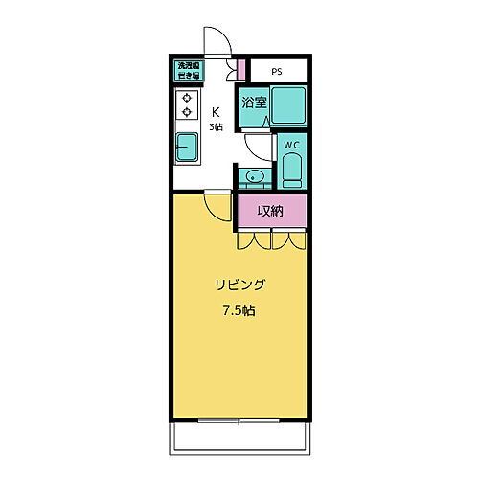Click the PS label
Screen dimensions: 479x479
click(x=276, y=71)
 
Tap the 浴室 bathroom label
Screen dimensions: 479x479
click(x=253, y=103)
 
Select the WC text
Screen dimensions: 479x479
click(x=291, y=145)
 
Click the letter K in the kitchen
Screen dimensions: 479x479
click(x=217, y=110)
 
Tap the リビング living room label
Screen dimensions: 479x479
click(x=239, y=285)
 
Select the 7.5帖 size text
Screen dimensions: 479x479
click(x=239, y=310)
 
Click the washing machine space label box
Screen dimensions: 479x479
click(x=187, y=70)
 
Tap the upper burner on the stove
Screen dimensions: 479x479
click(x=186, y=98)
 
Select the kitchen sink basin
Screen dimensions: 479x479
click(x=187, y=148)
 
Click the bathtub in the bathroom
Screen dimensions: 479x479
click(x=288, y=104)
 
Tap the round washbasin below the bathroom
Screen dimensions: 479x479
click(x=254, y=176)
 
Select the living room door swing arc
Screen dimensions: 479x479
click(x=217, y=205)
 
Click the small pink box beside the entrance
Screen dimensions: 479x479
click(x=242, y=70)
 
